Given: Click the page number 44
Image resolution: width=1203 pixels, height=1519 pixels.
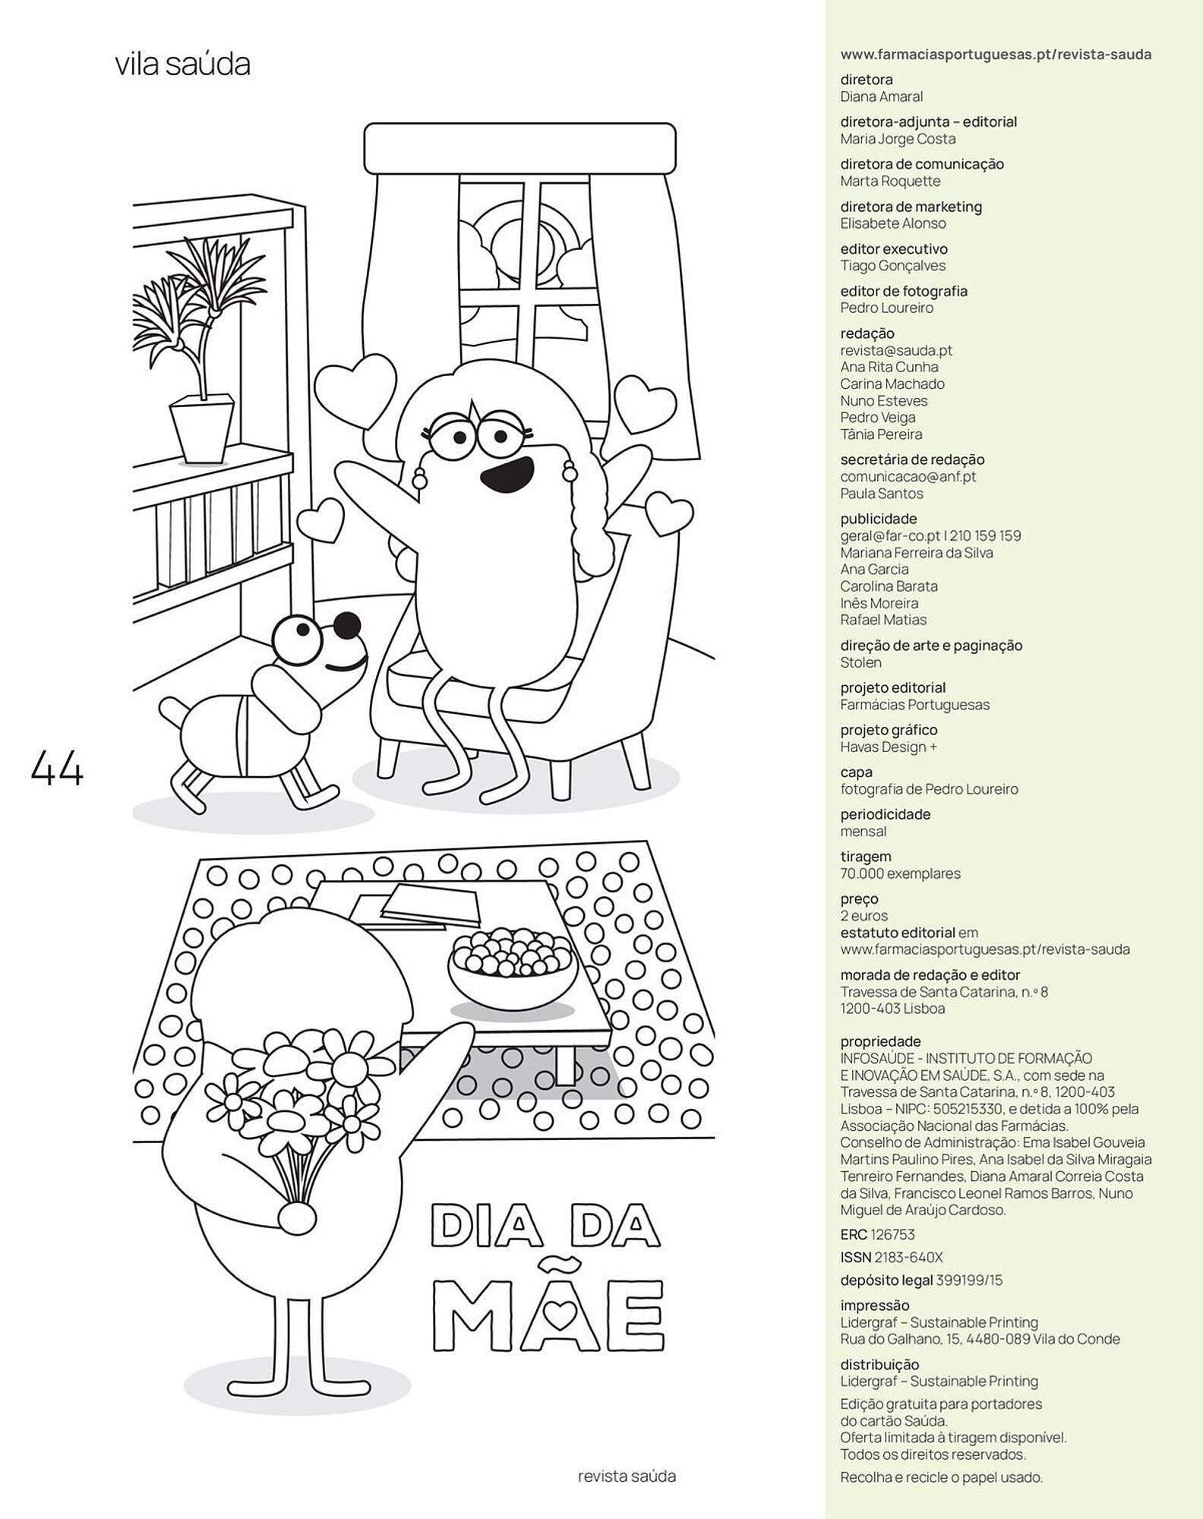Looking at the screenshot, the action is point(57,769).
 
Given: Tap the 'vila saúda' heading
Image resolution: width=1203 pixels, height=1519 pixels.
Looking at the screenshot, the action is point(182,65).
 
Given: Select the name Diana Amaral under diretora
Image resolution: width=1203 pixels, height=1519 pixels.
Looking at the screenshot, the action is point(881,96).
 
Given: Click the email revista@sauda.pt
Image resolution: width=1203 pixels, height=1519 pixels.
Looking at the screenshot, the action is point(896,350).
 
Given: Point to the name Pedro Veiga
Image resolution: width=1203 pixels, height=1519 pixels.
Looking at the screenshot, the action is point(878,417).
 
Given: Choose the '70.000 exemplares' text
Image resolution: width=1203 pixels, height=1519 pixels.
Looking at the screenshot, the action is point(900,873).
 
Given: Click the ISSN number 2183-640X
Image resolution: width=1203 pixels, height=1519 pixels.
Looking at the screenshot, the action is point(908,1258).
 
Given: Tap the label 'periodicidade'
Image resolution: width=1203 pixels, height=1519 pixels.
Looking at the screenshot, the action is point(885,814).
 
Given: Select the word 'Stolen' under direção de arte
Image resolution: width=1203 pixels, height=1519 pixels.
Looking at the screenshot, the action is point(860,662).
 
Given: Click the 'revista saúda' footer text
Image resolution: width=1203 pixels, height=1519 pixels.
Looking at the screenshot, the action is point(627,1476).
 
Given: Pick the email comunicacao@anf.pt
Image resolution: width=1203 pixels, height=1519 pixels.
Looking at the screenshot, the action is point(908,477).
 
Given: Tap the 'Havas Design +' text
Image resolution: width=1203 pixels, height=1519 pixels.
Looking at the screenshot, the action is point(889,747).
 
